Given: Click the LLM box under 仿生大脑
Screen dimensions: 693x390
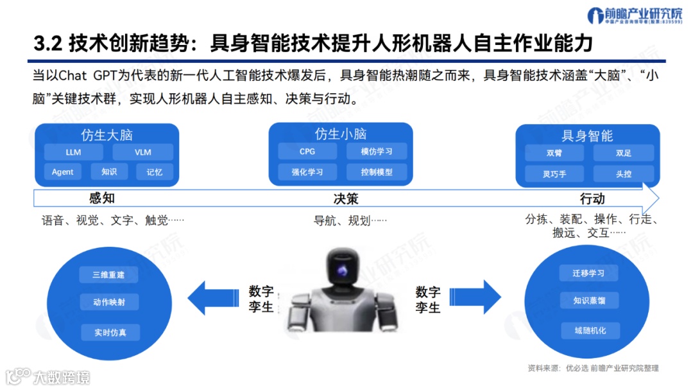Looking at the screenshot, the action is coord(73,152).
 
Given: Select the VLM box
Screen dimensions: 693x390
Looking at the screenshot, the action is coord(142,152).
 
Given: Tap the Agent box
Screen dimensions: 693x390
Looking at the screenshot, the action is coord(63,172).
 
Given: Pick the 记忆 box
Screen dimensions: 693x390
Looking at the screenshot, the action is coord(155,172).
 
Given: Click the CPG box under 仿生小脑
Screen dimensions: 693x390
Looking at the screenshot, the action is coord(307,152).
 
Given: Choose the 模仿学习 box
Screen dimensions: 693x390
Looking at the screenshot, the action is coord(376,152).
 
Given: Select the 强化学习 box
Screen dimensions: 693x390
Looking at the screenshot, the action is coord(307,172).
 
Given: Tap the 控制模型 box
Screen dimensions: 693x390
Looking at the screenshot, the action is coord(376,172).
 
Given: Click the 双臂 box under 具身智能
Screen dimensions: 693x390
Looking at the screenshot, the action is coord(554,153).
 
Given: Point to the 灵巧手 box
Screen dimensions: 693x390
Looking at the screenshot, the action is coord(554,173).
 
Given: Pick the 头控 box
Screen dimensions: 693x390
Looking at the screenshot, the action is coord(624,173).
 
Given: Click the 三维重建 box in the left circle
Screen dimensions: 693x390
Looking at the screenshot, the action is coord(108,275).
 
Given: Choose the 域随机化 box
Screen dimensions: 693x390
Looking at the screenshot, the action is coord(590,331).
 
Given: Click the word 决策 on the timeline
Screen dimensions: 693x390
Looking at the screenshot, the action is coord(346,199).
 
